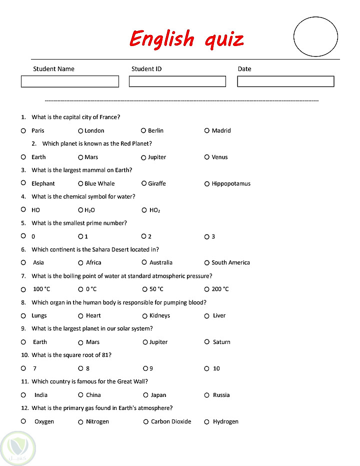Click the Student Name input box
pos(70,82)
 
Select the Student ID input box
pos(177,82)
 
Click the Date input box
pos(285,82)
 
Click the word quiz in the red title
pos(224,40)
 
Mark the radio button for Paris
pos(23,131)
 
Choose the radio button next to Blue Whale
pos(80,184)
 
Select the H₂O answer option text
pos(89,210)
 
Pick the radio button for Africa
pos(80,263)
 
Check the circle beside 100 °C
pos(23,289)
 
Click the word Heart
pos(93,316)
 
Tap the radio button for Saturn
pos(207,342)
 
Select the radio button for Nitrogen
pos(80,422)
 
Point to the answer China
pos(93,395)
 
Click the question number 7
pos(23,276)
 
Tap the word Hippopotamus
pos(231,184)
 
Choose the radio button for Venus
pos(207,157)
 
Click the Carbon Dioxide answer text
pos(171,421)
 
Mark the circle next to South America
pos(207,263)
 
